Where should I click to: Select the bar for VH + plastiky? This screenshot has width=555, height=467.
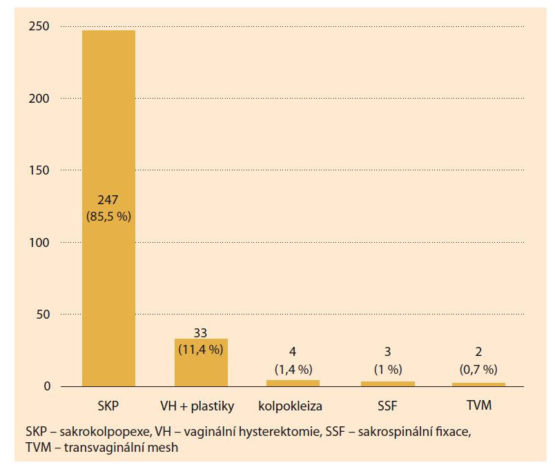click(201, 362)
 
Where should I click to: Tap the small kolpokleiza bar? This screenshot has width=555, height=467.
click(293, 383)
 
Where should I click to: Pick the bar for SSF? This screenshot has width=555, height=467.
click(387, 384)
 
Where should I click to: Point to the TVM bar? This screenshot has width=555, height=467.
click(479, 384)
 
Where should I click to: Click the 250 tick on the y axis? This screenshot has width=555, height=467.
click(39, 26)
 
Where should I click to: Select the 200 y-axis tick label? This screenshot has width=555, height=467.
click(39, 98)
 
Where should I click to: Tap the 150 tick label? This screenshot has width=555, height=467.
click(39, 170)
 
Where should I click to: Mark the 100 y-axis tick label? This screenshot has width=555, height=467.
click(39, 242)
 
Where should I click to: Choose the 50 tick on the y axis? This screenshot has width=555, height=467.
click(43, 315)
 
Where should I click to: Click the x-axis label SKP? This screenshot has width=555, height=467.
click(108, 406)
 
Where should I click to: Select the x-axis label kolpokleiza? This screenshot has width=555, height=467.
click(293, 406)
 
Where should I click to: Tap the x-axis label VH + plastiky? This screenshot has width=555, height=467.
click(201, 406)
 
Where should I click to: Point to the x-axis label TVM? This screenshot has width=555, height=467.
click(479, 406)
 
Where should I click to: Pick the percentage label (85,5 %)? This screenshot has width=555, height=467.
click(108, 217)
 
